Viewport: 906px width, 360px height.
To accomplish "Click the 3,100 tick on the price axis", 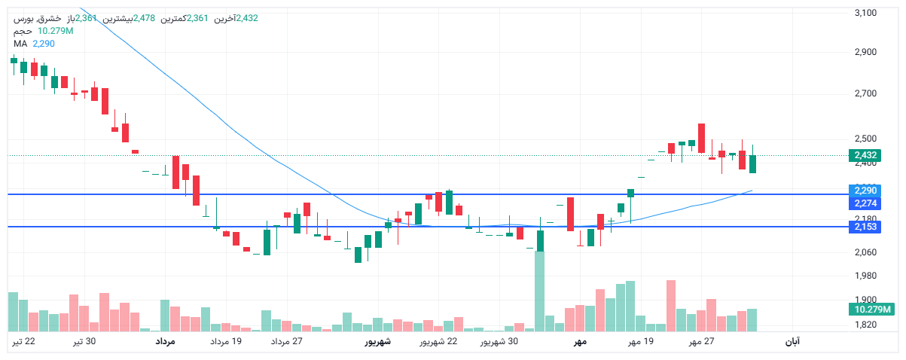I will coord(866,13).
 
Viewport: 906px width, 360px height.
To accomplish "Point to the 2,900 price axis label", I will coord(866,53).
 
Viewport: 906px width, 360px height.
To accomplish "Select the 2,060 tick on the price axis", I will coord(866,252).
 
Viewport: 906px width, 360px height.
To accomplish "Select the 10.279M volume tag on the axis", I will coord(871,310).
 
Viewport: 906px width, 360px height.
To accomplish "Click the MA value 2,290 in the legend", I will coord(44,44).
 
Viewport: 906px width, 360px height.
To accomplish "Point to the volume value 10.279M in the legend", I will coord(55,31).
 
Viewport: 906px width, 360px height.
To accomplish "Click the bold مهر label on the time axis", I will coord(579,342).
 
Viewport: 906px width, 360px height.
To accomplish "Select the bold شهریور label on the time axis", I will coord(377,342).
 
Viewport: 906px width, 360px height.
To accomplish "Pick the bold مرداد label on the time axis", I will coord(165,342).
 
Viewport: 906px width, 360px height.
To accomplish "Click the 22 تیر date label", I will coord(23,342).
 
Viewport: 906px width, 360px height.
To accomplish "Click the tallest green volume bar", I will coord(539,291).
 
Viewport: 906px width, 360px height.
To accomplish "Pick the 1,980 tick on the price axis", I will coord(866,276).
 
